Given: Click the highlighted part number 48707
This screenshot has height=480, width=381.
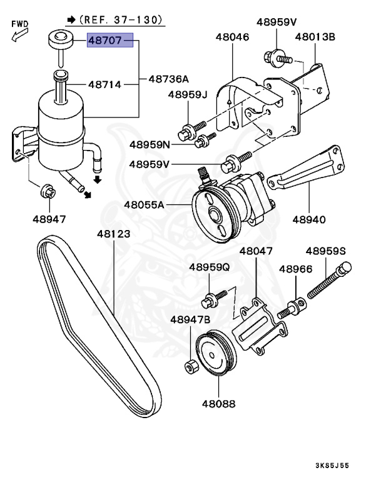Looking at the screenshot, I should coord(109,42).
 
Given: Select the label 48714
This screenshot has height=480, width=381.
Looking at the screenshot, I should coord(106,83).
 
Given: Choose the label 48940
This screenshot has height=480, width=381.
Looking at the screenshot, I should coord(309,219).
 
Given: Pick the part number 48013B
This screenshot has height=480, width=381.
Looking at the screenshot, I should coord(315,37).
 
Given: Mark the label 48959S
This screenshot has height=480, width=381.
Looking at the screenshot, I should coord(326,251).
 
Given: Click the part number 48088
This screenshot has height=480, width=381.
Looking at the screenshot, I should coord(218,404).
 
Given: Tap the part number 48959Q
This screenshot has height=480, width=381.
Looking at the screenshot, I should coord(210,267).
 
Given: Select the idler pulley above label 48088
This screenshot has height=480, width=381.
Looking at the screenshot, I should coord(214,357).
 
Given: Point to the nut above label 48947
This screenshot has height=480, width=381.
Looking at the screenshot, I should coord(46,191).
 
